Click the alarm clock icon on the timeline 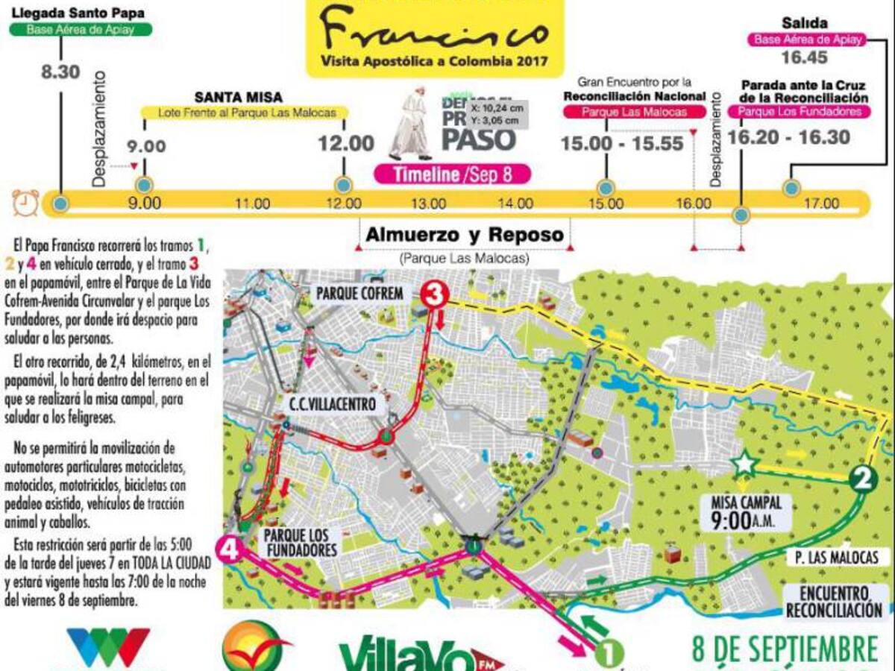25,202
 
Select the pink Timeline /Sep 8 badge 452,174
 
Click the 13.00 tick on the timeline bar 427,204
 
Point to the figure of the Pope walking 412,127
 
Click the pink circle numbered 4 230,550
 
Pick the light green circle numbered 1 609,654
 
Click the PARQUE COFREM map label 359,293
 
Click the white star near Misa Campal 744,464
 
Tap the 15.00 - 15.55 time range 634,143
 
